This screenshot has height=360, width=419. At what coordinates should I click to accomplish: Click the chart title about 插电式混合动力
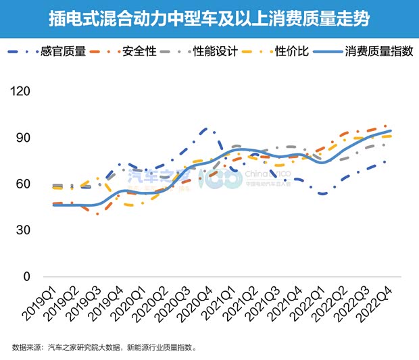tap(209, 18)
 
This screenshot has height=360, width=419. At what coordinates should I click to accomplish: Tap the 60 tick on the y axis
tap(24, 184)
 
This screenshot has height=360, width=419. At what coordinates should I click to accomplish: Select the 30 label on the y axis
tap(24, 230)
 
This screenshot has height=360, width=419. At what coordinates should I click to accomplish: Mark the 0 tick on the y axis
tap(28, 277)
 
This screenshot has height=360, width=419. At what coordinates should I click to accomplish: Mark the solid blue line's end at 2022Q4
tap(391, 131)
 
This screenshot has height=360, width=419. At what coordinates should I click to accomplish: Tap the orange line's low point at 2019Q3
tap(98, 213)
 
